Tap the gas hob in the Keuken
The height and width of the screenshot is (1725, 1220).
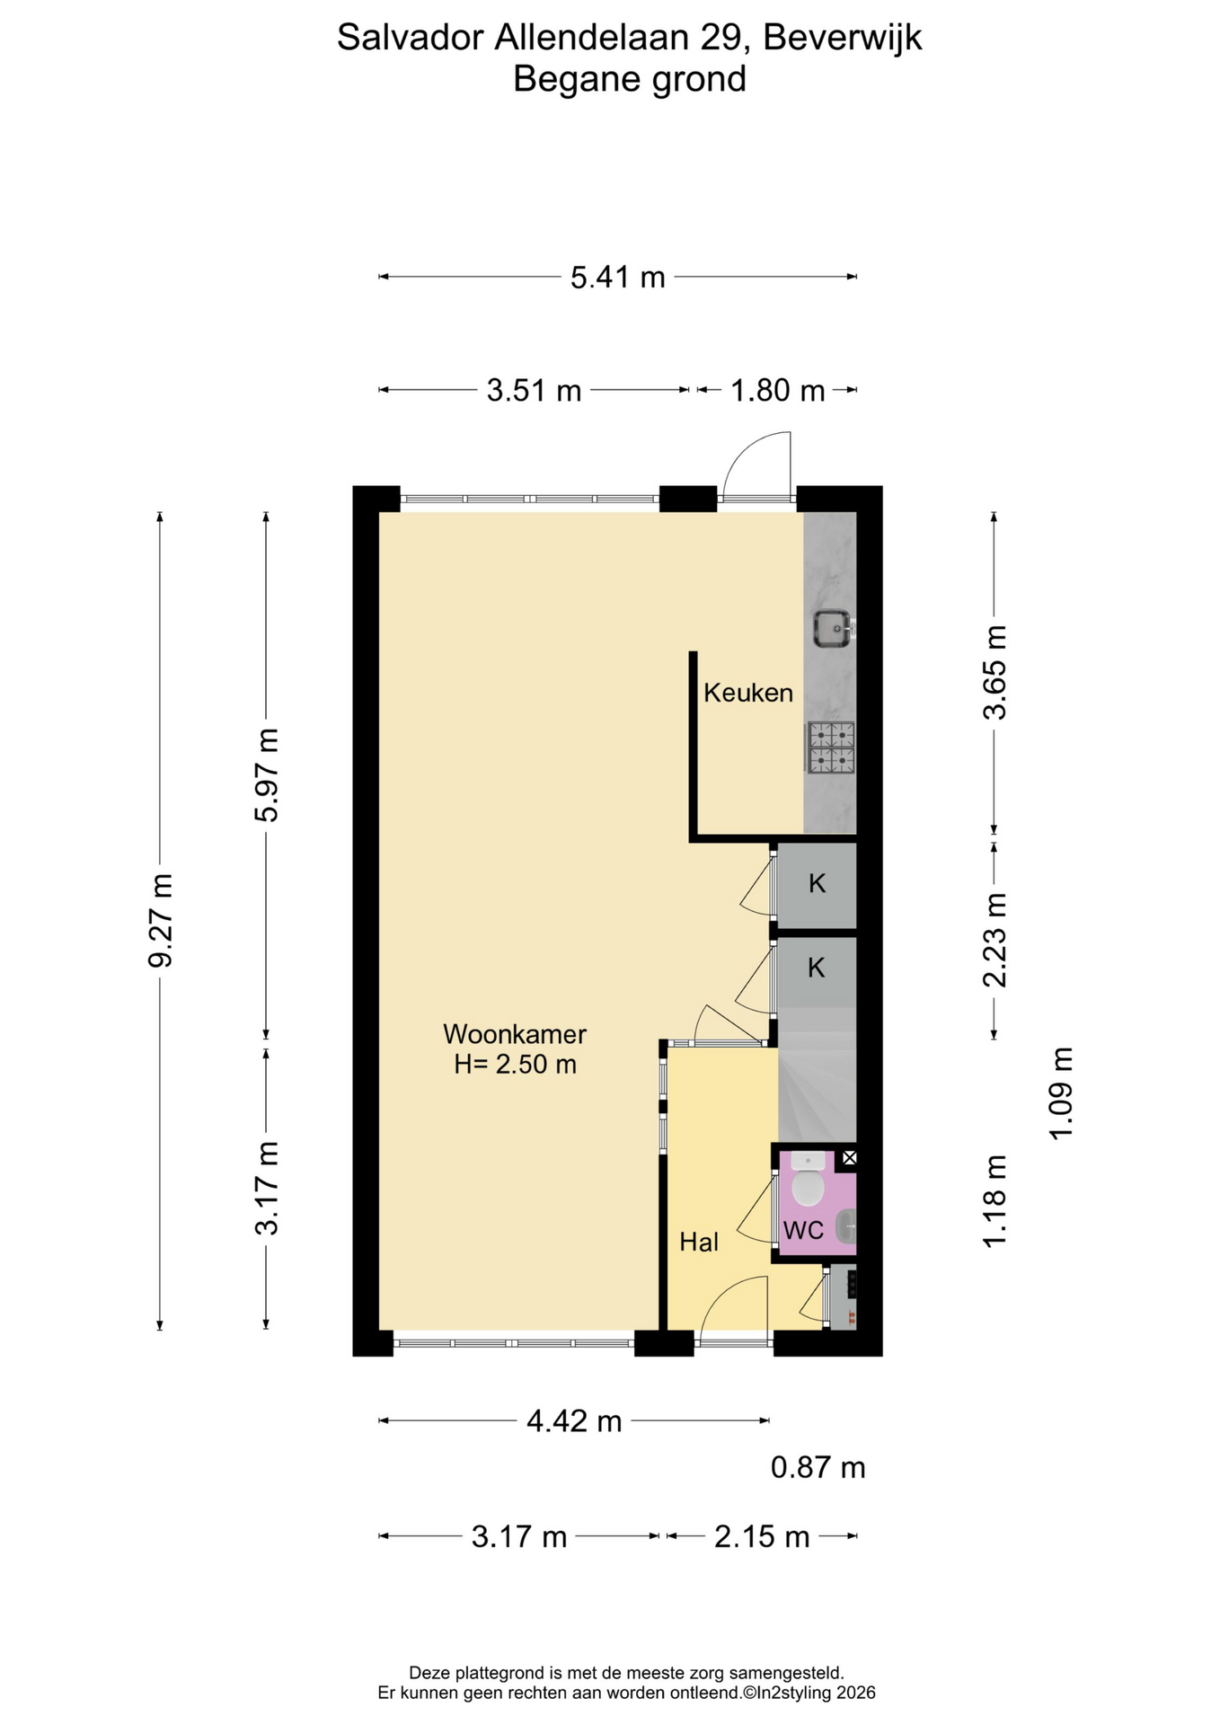(831, 748)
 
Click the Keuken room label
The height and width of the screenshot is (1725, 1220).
(748, 693)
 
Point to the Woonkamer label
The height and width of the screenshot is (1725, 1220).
(515, 1034)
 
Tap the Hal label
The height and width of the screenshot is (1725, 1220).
(699, 1242)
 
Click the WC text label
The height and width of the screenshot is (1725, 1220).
(803, 1230)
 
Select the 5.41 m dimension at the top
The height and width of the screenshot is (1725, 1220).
(618, 277)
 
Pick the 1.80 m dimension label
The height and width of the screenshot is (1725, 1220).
(778, 391)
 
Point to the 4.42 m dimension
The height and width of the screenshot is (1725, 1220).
(574, 1420)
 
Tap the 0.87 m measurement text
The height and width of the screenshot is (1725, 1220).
(818, 1467)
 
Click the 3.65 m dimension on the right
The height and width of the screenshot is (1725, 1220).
(995, 672)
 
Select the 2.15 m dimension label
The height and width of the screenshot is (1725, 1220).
(762, 1536)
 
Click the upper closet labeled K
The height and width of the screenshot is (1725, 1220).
(817, 884)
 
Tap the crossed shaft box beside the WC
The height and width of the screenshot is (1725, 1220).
(849, 1158)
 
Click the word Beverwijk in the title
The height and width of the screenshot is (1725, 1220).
(843, 38)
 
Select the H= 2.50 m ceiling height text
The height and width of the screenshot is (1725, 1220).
(515, 1065)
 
